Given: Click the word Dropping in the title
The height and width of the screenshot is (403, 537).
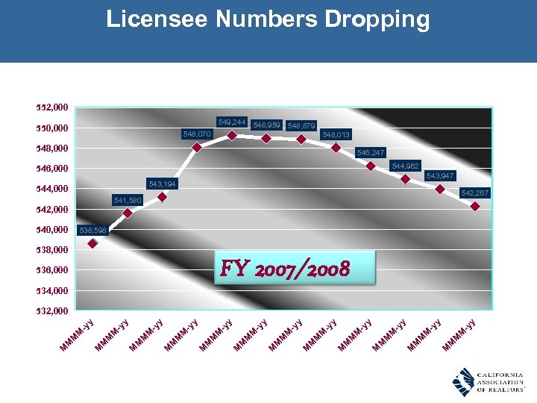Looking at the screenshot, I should coord(377,19).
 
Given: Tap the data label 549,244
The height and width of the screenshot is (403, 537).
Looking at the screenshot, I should coord(232,122).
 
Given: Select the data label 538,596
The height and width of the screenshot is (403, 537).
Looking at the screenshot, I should coord(93,230).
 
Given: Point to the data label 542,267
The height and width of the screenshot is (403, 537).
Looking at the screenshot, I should coord(475,193).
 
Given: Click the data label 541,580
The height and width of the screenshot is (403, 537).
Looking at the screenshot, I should coord(128,200).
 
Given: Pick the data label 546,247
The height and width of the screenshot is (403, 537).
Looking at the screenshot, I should coord(371,152).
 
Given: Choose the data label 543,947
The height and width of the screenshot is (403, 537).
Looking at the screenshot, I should coord(440,175).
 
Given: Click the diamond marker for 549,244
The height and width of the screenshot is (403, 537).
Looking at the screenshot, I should coord(232,135).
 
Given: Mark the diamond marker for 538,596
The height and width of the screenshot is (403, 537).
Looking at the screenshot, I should coord(92,243).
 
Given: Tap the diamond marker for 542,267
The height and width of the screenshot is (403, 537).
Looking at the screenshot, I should coord(475,206).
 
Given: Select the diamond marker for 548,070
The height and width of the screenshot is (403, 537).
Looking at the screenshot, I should coord(197,147).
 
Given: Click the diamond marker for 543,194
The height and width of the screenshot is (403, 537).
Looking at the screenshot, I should coord(162,197).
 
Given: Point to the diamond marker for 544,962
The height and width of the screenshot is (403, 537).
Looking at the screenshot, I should coord(405,178).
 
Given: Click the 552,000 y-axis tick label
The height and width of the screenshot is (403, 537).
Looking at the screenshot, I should coord(52,107).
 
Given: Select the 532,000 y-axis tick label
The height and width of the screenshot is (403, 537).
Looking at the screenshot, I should coord(52,310).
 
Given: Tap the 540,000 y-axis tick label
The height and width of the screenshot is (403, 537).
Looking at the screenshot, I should coord(52,229).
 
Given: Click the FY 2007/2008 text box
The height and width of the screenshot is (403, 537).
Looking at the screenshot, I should coord(293,267).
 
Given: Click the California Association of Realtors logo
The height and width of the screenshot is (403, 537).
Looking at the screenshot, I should coord(489,381).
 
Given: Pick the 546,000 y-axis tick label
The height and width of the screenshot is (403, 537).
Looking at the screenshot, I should coord(52,169).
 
